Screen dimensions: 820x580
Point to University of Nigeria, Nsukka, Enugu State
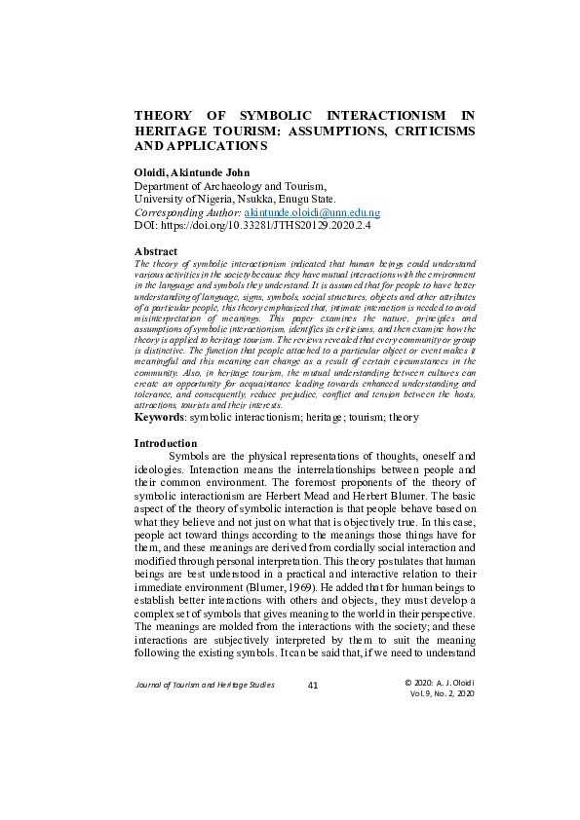point(234,199)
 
